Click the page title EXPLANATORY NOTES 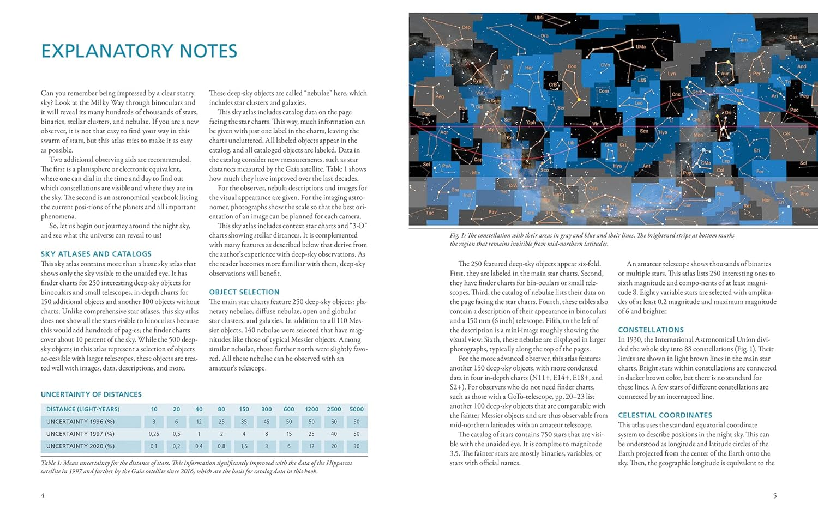[x=139, y=51]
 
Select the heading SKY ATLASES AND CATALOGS [x=96, y=254]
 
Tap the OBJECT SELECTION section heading [x=244, y=292]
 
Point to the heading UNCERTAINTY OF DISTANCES [x=91, y=394]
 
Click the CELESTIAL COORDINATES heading [x=665, y=415]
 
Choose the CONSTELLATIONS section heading [x=651, y=330]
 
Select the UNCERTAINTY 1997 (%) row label [x=80, y=434]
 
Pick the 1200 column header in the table [x=311, y=409]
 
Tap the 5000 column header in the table [x=357, y=409]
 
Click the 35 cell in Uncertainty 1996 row [x=244, y=422]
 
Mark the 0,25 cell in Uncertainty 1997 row [x=154, y=434]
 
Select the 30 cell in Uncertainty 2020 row [x=357, y=446]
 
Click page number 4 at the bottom [x=43, y=495]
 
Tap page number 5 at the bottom [x=774, y=495]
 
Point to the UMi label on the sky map [x=539, y=17]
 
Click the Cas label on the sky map [x=793, y=38]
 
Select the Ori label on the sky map [x=727, y=113]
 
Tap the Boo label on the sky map [x=572, y=66]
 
